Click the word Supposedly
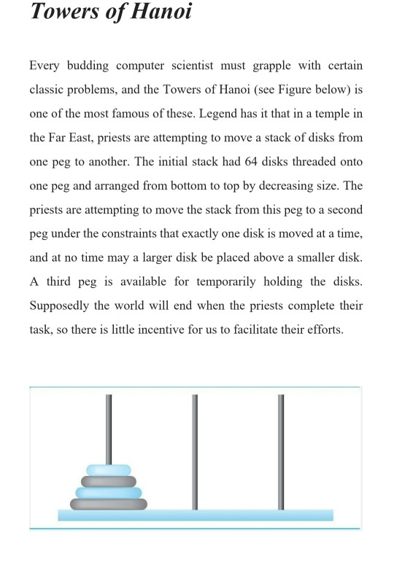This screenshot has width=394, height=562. click(x=62, y=305)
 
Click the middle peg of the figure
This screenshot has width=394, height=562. click(x=195, y=452)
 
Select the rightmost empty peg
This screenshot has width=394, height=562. click(x=281, y=452)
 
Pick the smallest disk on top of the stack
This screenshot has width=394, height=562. click(x=109, y=469)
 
